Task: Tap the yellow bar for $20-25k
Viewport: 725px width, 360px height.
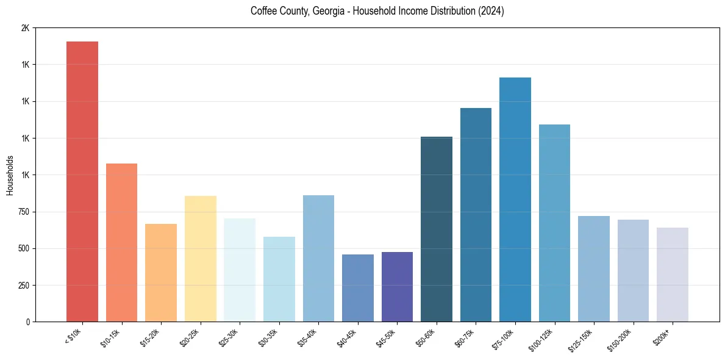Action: [x=200, y=259]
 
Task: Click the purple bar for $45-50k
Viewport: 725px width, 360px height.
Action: [x=397, y=287]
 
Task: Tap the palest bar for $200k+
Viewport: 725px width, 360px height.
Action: [x=673, y=275]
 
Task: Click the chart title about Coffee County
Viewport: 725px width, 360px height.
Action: [x=377, y=11]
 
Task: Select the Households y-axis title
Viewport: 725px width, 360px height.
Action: [x=10, y=175]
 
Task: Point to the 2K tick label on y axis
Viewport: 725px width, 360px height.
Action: [x=25, y=28]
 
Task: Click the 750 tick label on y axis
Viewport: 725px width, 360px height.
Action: [x=23, y=212]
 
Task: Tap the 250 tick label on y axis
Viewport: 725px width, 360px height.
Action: [x=23, y=285]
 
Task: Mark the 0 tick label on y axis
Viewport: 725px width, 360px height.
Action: [x=27, y=322]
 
